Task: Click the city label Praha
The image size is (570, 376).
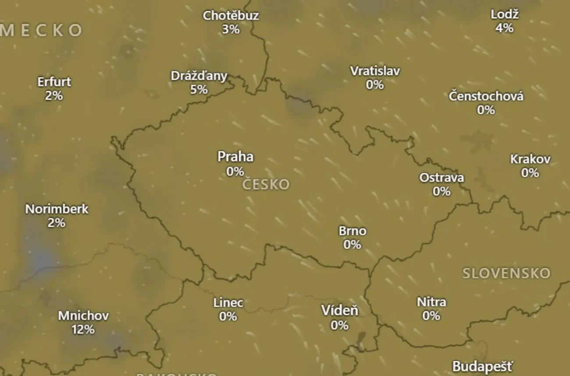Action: click(x=235, y=157)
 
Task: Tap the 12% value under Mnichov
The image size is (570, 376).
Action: click(x=83, y=329)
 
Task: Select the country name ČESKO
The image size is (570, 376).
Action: click(x=266, y=184)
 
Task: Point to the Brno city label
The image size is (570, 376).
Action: click(x=353, y=231)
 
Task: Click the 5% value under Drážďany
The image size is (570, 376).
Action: click(x=199, y=89)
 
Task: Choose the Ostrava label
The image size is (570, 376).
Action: click(x=442, y=178)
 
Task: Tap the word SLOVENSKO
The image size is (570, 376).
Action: click(x=506, y=273)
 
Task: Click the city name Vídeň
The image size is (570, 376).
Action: click(x=340, y=311)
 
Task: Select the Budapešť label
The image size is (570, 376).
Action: click(x=482, y=366)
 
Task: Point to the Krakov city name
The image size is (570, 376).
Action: click(x=530, y=159)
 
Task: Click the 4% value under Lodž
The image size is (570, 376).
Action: click(x=504, y=28)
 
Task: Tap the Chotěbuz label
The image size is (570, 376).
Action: click(x=231, y=16)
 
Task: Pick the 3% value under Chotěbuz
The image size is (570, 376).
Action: click(x=231, y=29)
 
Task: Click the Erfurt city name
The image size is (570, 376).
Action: click(x=54, y=82)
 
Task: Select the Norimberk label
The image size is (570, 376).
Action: click(x=57, y=209)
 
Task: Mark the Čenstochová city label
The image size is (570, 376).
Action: click(x=486, y=96)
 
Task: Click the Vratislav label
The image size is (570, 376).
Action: click(x=375, y=71)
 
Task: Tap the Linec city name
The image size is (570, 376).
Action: click(x=228, y=303)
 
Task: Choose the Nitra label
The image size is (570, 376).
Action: click(x=431, y=302)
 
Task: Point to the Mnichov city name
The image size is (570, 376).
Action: click(x=83, y=316)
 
